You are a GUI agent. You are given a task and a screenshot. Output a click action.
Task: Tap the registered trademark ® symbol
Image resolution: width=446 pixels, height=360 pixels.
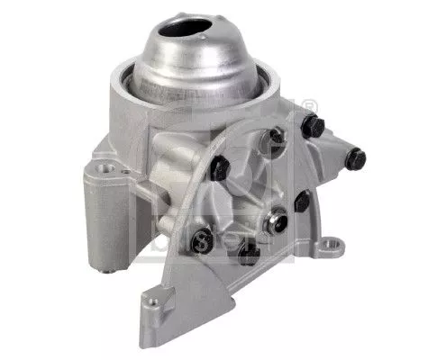point(312,105)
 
